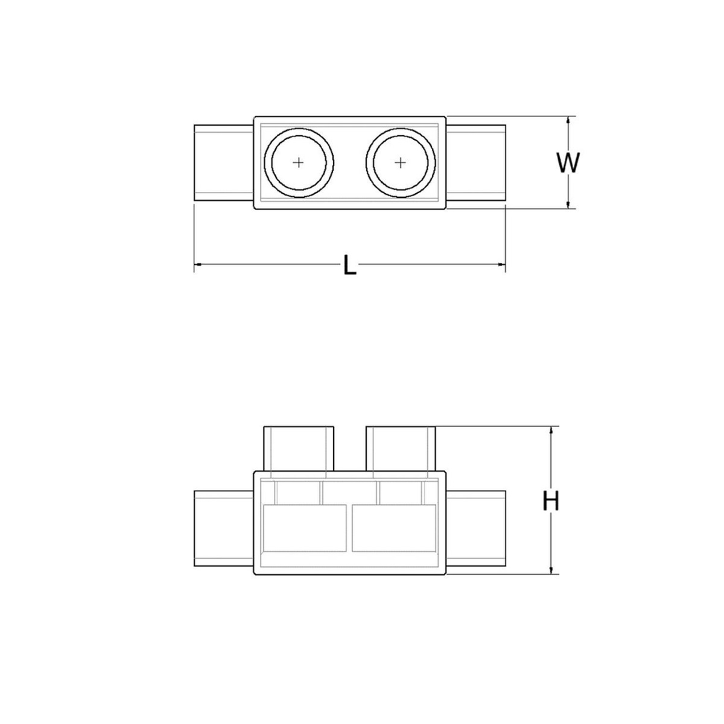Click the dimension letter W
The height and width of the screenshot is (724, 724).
click(568, 163)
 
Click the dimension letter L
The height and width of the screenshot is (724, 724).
click(350, 264)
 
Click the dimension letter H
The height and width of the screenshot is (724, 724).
click(551, 501)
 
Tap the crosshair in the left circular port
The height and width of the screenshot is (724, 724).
click(299, 163)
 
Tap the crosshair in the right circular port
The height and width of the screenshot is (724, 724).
click(401, 163)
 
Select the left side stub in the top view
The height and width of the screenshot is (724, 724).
click(224, 163)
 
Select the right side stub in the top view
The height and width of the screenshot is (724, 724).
click(475, 163)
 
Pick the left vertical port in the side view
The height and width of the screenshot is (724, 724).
click(299, 448)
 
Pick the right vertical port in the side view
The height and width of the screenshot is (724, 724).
click(401, 448)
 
